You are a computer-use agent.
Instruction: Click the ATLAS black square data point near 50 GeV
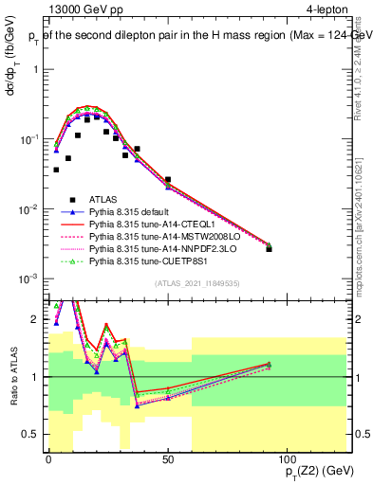(168, 179)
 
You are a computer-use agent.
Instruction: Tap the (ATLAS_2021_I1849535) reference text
(196, 283)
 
